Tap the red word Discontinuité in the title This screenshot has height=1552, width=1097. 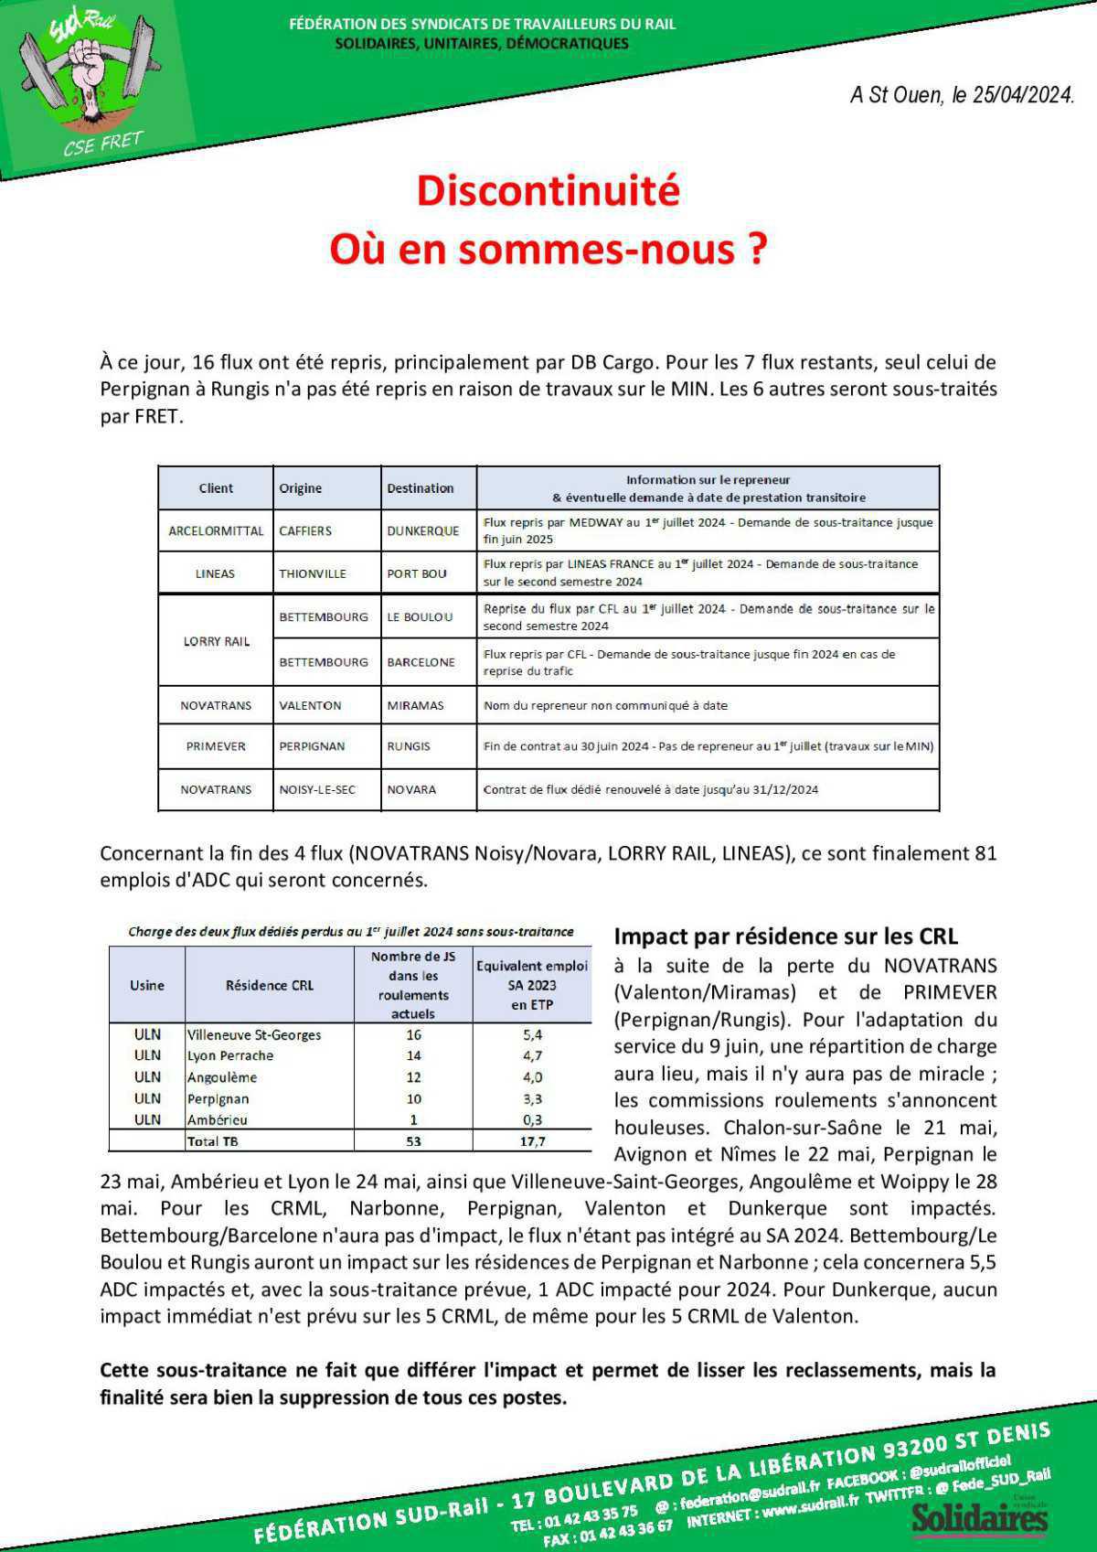coord(548,190)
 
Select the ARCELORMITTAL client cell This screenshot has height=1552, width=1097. coord(216,530)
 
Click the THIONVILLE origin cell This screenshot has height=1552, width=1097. coord(313,573)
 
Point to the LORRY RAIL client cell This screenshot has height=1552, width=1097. coord(216,641)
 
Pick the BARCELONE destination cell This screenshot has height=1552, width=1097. coord(421,662)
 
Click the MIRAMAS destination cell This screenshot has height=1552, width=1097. coord(415,705)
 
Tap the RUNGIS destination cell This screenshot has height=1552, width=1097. coord(408,746)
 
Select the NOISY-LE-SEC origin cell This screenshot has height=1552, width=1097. coord(317,789)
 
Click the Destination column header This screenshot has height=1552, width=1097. coord(420,488)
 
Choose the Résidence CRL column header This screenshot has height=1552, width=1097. coord(269,985)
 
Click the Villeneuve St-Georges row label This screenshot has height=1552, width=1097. coord(254,1034)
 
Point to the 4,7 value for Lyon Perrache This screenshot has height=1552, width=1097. coord(532,1055)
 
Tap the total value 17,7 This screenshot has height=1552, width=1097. coord(532,1141)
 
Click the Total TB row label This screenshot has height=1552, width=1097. coord(213,1141)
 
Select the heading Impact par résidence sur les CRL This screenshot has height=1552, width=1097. coord(785,936)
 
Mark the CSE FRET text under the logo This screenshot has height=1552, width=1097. coord(103,144)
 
